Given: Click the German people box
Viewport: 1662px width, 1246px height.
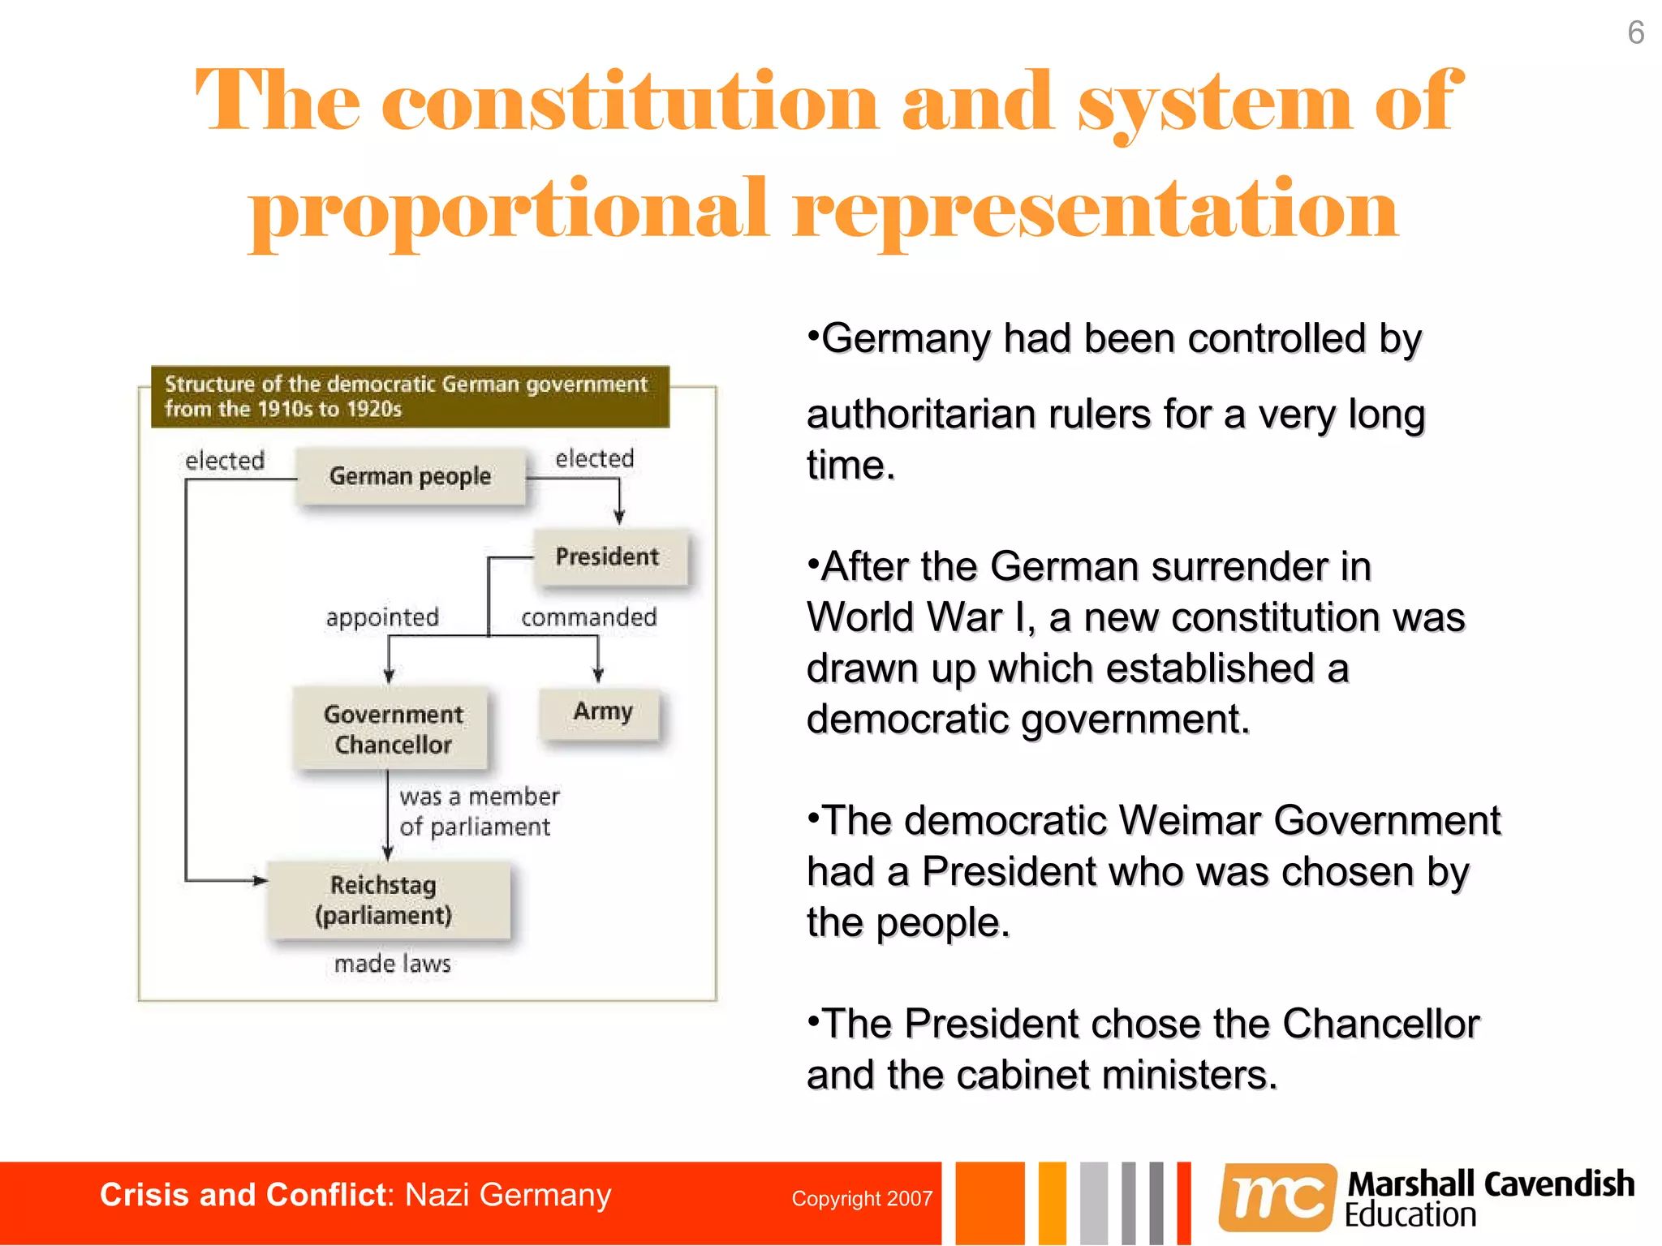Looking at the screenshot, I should click(x=410, y=476).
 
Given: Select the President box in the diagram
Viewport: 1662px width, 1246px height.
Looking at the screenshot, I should click(x=609, y=556).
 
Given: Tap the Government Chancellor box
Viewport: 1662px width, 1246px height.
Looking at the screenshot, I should click(x=393, y=728).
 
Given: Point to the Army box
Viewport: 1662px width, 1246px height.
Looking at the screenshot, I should click(x=601, y=711).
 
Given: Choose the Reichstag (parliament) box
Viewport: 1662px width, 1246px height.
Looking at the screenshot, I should click(x=385, y=900).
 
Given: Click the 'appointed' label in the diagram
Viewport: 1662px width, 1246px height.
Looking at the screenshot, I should click(x=382, y=617).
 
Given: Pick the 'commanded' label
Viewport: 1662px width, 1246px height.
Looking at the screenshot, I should click(x=588, y=617).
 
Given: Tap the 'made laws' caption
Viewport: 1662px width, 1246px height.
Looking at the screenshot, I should click(x=392, y=964).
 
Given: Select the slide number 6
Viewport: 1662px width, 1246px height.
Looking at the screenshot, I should click(x=1635, y=33).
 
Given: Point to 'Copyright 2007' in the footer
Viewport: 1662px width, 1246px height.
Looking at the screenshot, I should click(x=862, y=1198).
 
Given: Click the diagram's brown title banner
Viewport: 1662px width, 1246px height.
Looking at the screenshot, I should click(x=410, y=396).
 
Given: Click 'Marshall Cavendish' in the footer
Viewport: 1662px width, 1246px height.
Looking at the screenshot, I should click(x=1491, y=1184).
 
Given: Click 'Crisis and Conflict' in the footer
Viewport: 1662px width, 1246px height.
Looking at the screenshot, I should click(x=242, y=1195).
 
